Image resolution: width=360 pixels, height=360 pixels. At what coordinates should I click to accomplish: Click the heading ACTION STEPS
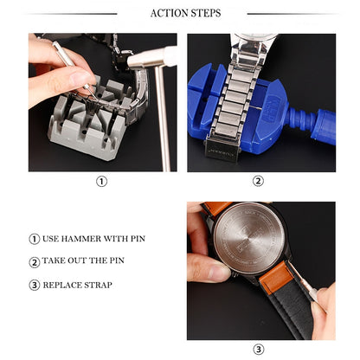tap(185, 13)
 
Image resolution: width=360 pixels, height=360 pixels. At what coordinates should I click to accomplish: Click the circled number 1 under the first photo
tap(102, 182)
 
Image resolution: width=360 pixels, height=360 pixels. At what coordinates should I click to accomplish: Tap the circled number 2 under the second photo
tap(258, 182)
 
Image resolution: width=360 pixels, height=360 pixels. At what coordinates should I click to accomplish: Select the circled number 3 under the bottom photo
tap(258, 350)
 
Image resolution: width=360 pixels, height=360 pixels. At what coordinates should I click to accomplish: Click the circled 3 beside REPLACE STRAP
tap(35, 285)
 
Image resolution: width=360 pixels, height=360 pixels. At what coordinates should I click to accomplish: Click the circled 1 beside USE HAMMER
tap(35, 240)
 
